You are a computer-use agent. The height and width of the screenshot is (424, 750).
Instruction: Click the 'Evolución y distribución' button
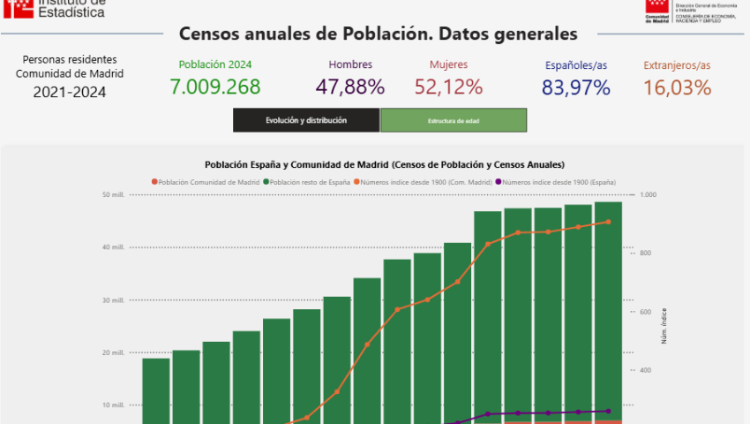[306, 120]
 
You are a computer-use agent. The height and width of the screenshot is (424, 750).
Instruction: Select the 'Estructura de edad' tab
[454, 120]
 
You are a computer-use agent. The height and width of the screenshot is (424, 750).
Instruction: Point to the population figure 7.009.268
[215, 87]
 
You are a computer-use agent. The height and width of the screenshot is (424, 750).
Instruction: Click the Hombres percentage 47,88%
[350, 87]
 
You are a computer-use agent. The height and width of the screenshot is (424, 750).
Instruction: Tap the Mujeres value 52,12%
[448, 87]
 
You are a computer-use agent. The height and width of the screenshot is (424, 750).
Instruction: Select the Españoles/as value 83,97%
[576, 87]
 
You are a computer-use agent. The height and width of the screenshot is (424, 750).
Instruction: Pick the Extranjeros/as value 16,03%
[677, 87]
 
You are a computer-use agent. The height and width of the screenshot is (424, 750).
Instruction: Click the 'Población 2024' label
[215, 64]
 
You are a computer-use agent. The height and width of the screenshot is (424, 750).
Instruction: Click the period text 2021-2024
[70, 91]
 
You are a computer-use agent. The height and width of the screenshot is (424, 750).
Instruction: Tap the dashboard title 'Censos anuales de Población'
[378, 34]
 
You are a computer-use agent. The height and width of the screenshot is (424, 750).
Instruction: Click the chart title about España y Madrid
[385, 164]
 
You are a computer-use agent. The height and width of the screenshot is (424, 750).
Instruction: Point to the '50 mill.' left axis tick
[113, 195]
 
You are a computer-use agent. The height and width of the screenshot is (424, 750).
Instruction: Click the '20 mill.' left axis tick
[113, 352]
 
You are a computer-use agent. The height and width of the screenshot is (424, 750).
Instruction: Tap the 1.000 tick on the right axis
[649, 195]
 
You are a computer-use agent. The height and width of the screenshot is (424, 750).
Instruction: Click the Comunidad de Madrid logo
[656, 10]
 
